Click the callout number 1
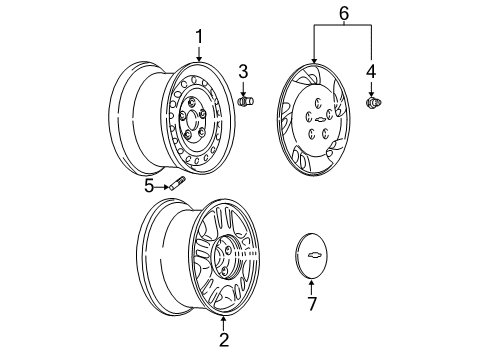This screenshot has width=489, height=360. (199, 37)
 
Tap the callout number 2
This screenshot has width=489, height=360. (224, 341)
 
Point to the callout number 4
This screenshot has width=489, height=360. (372, 71)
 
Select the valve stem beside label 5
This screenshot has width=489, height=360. (178, 184)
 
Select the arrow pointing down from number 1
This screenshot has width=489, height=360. (199, 55)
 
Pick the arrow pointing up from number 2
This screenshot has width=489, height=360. (224, 322)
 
